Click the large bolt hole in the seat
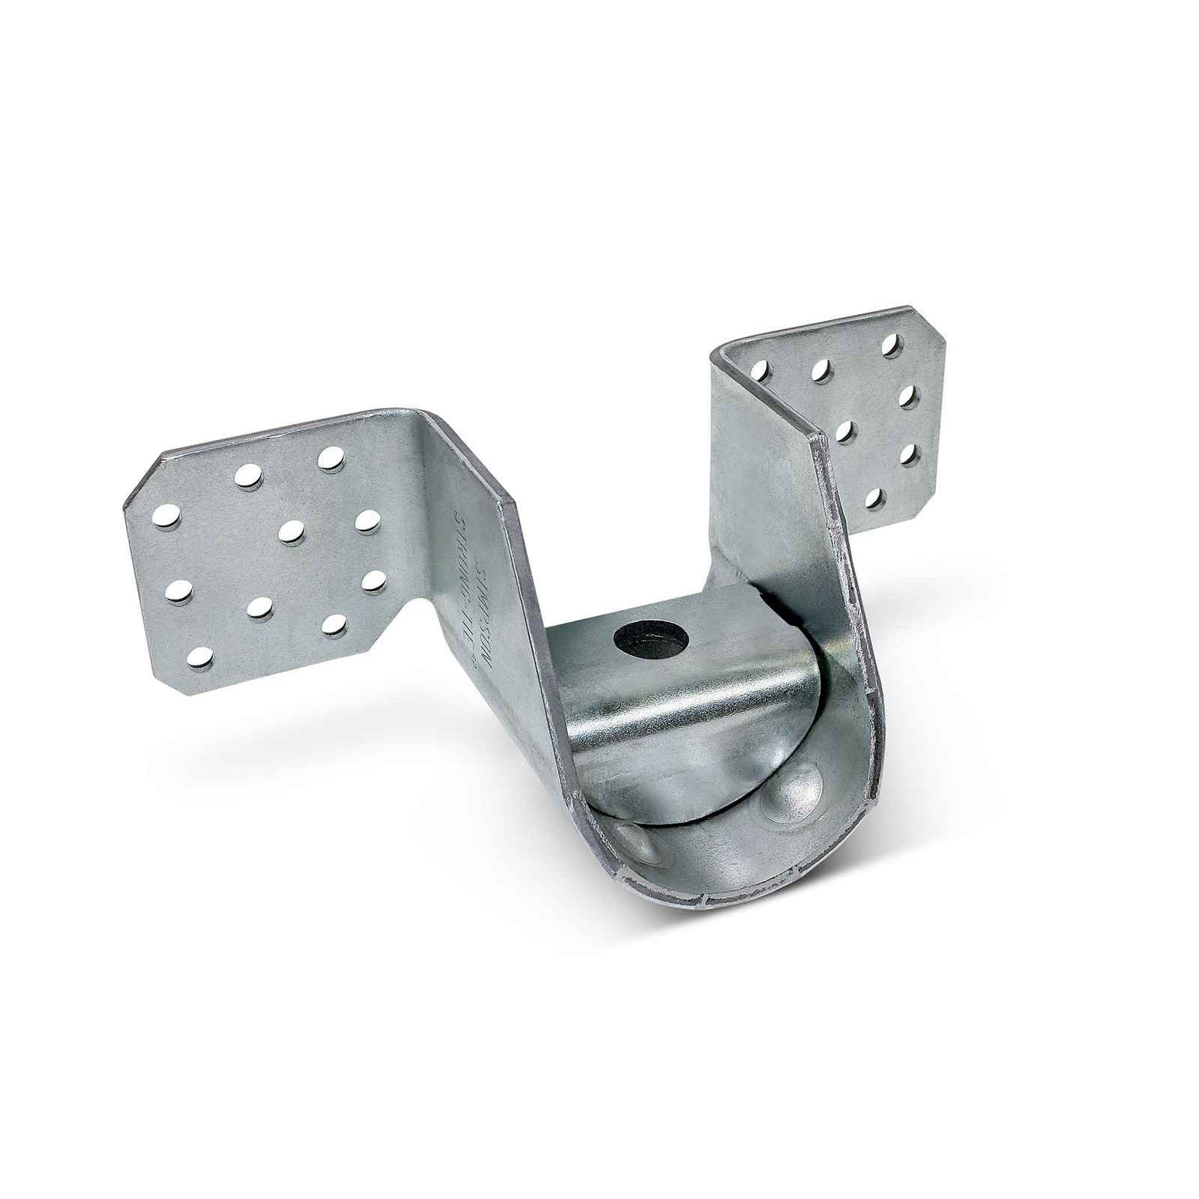(x=641, y=638)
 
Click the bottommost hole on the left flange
(x=197, y=657)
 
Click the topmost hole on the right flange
(x=891, y=344)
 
